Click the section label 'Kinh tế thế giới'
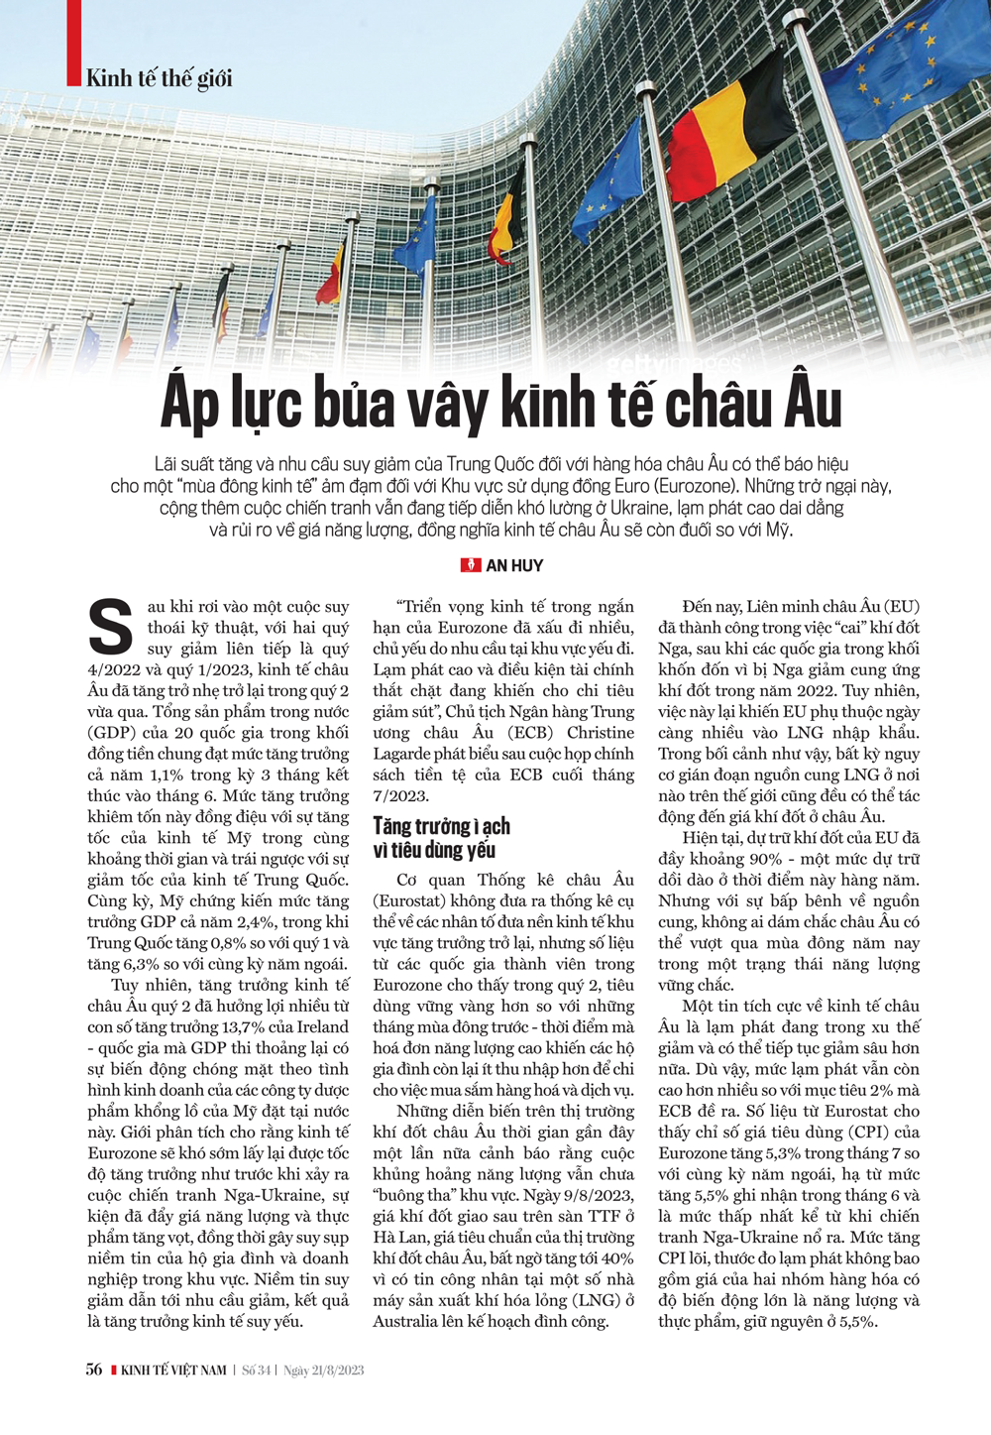pos(159,78)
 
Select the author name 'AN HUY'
pos(514,565)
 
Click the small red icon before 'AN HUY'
pos(471,565)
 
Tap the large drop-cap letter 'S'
pos(111,625)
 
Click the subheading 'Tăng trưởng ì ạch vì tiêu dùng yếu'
pos(442,838)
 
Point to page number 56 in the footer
pos(94,1370)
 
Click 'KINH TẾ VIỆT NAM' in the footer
pos(173,1371)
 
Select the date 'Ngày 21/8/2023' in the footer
pos(323,1371)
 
